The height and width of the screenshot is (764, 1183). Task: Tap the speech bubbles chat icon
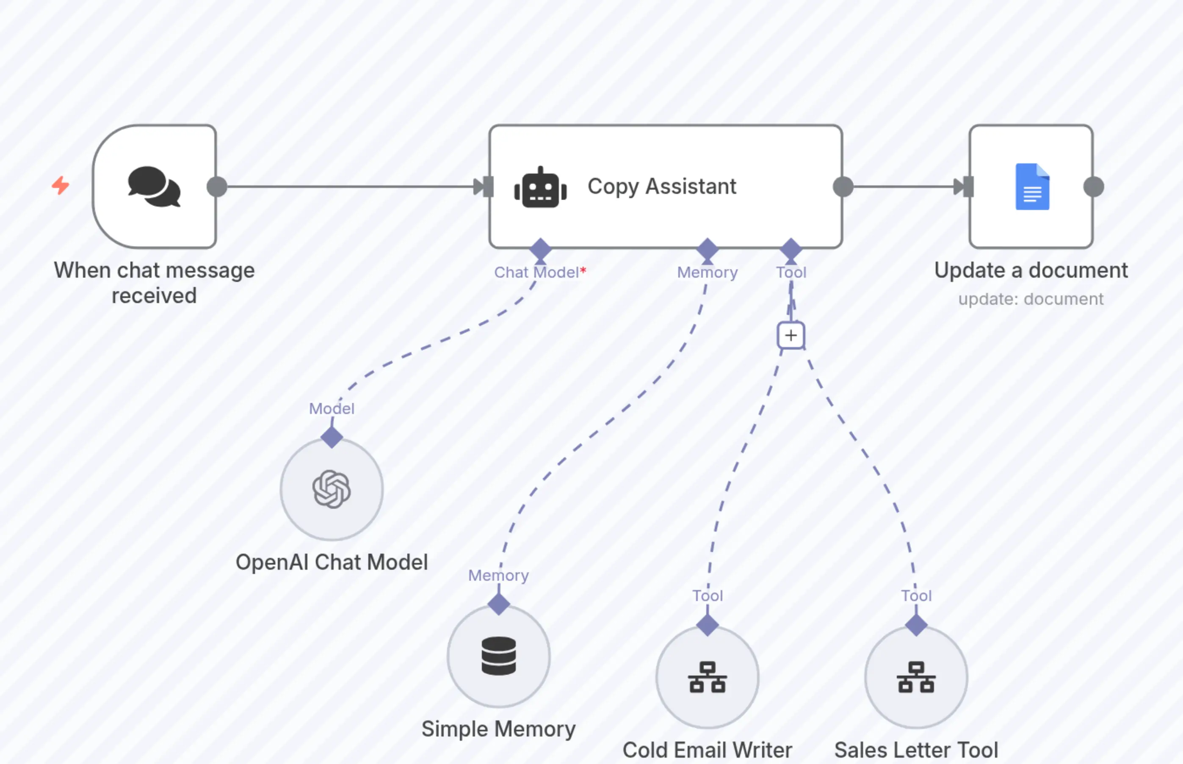pyautogui.click(x=154, y=187)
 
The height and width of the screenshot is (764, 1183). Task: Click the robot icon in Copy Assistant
pyautogui.click(x=540, y=187)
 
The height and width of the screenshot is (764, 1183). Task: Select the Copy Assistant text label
pyautogui.click(x=661, y=187)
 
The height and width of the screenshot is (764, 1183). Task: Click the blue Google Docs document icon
pyautogui.click(x=1032, y=187)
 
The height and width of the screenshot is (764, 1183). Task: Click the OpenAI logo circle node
pyautogui.click(x=332, y=489)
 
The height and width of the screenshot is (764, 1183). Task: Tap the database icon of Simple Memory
pyautogui.click(x=499, y=656)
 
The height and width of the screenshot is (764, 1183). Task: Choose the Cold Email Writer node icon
pyautogui.click(x=707, y=677)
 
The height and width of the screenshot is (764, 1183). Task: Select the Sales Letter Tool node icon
pyautogui.click(x=916, y=677)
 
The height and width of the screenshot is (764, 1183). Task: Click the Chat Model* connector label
pyautogui.click(x=540, y=272)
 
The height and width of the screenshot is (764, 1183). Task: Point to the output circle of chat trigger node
pyautogui.click(x=217, y=187)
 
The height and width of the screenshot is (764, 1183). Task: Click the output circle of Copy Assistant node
pyautogui.click(x=843, y=187)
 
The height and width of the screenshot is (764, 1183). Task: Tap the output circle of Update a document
pyautogui.click(x=1094, y=187)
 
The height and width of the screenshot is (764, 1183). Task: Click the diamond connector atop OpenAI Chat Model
pyautogui.click(x=332, y=437)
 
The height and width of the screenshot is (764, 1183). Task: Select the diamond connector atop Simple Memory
pyautogui.click(x=499, y=604)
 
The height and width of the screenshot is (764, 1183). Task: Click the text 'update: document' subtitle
pyautogui.click(x=1031, y=299)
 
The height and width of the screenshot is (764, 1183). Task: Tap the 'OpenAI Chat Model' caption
pyautogui.click(x=332, y=562)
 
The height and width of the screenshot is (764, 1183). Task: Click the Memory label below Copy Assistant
pyautogui.click(x=707, y=272)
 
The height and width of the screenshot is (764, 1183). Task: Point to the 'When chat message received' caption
pyautogui.click(x=154, y=283)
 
